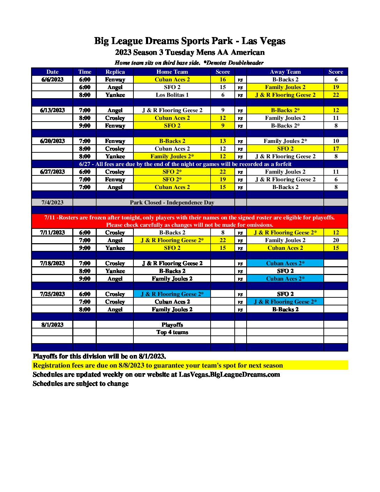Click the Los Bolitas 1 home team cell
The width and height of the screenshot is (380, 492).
point(172,95)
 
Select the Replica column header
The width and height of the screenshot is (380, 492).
point(115,72)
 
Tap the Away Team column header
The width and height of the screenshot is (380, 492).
point(285,72)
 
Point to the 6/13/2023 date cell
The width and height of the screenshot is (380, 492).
point(52,110)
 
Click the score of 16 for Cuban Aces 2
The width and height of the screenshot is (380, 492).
point(222,80)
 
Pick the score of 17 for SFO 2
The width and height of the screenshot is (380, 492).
point(336,149)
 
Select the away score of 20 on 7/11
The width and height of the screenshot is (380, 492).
point(336,240)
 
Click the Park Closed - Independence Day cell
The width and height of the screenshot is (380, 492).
point(172,203)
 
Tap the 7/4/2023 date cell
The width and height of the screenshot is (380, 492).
point(52,203)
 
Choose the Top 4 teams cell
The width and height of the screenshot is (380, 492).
point(172,332)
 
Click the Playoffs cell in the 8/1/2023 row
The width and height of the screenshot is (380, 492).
point(172,325)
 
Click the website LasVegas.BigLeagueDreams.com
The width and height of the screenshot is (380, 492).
point(229,375)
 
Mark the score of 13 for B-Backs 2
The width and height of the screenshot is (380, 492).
point(222,141)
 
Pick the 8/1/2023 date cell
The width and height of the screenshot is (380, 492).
point(52,325)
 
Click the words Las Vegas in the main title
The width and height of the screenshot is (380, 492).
point(263,41)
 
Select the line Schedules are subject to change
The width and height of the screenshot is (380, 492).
point(81,384)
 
